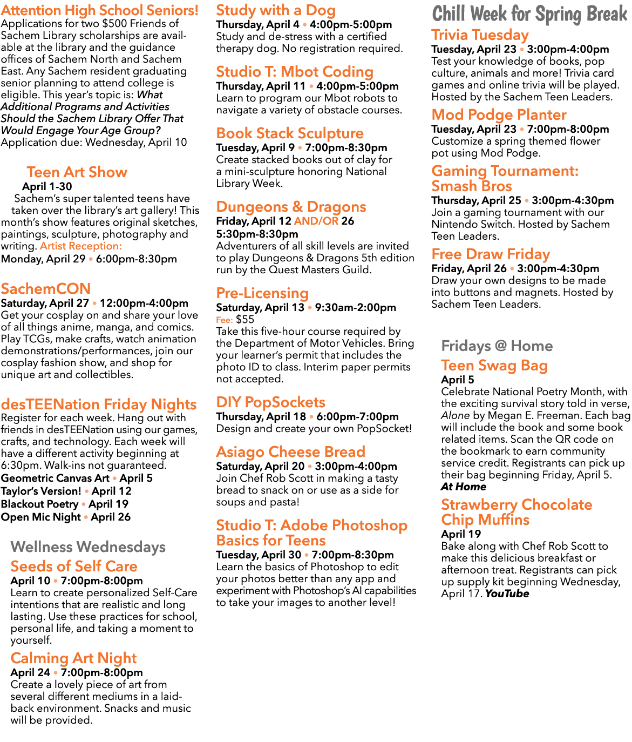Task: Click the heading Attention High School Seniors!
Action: coord(99,10)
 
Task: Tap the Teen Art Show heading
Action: coord(77,172)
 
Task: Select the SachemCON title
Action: coord(46,289)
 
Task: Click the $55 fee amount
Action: coord(245,320)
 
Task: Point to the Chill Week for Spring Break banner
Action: coord(529,14)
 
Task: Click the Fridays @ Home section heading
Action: coord(497,346)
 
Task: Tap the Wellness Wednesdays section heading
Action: coord(88,547)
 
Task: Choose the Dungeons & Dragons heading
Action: coord(291,207)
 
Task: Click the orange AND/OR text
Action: coord(316,221)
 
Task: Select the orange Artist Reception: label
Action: coord(81,246)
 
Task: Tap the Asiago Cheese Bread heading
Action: coord(290,452)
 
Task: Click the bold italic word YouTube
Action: coord(507,593)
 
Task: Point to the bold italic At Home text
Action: coord(463,487)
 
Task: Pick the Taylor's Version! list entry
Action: coord(41,491)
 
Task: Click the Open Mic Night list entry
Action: coord(41,517)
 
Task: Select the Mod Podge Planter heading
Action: coord(499,115)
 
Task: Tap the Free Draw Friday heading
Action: coord(491,254)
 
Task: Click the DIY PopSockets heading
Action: coord(270,402)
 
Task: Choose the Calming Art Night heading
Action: coord(73,658)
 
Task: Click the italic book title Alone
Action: coord(455,416)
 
